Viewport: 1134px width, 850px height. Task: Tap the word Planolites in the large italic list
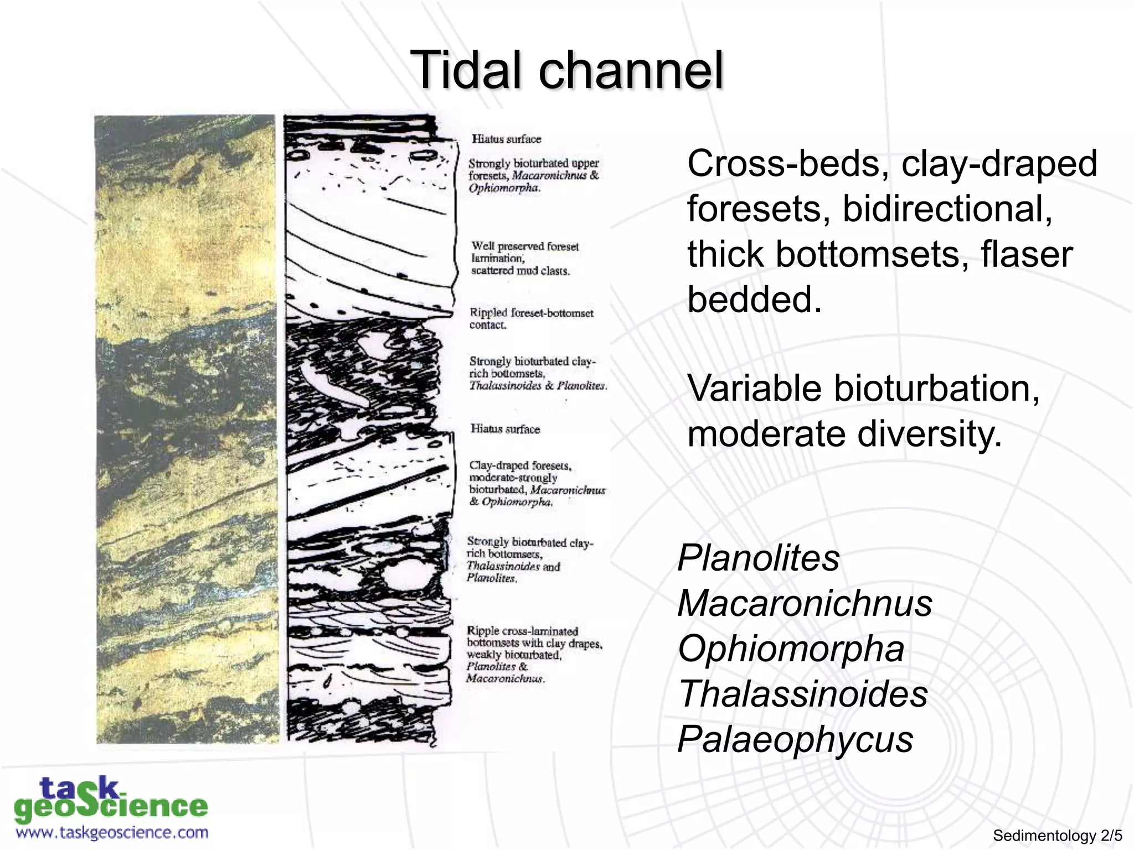point(759,558)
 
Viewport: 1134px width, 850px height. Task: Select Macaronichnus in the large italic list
point(805,603)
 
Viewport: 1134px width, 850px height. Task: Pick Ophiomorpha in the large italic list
point(791,649)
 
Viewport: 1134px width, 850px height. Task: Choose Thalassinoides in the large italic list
point(803,694)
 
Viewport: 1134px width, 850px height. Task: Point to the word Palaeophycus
point(795,739)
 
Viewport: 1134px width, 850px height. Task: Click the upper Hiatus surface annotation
point(506,139)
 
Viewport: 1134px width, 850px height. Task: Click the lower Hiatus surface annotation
point(505,429)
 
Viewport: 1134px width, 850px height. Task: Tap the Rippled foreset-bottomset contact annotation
point(530,319)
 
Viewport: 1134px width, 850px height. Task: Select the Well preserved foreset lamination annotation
point(524,258)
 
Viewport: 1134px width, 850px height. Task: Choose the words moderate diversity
point(844,434)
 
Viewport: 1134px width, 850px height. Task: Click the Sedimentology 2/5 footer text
point(1057,836)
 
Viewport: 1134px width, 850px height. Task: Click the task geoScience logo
point(111,800)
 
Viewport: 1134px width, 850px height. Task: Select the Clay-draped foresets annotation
point(536,484)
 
